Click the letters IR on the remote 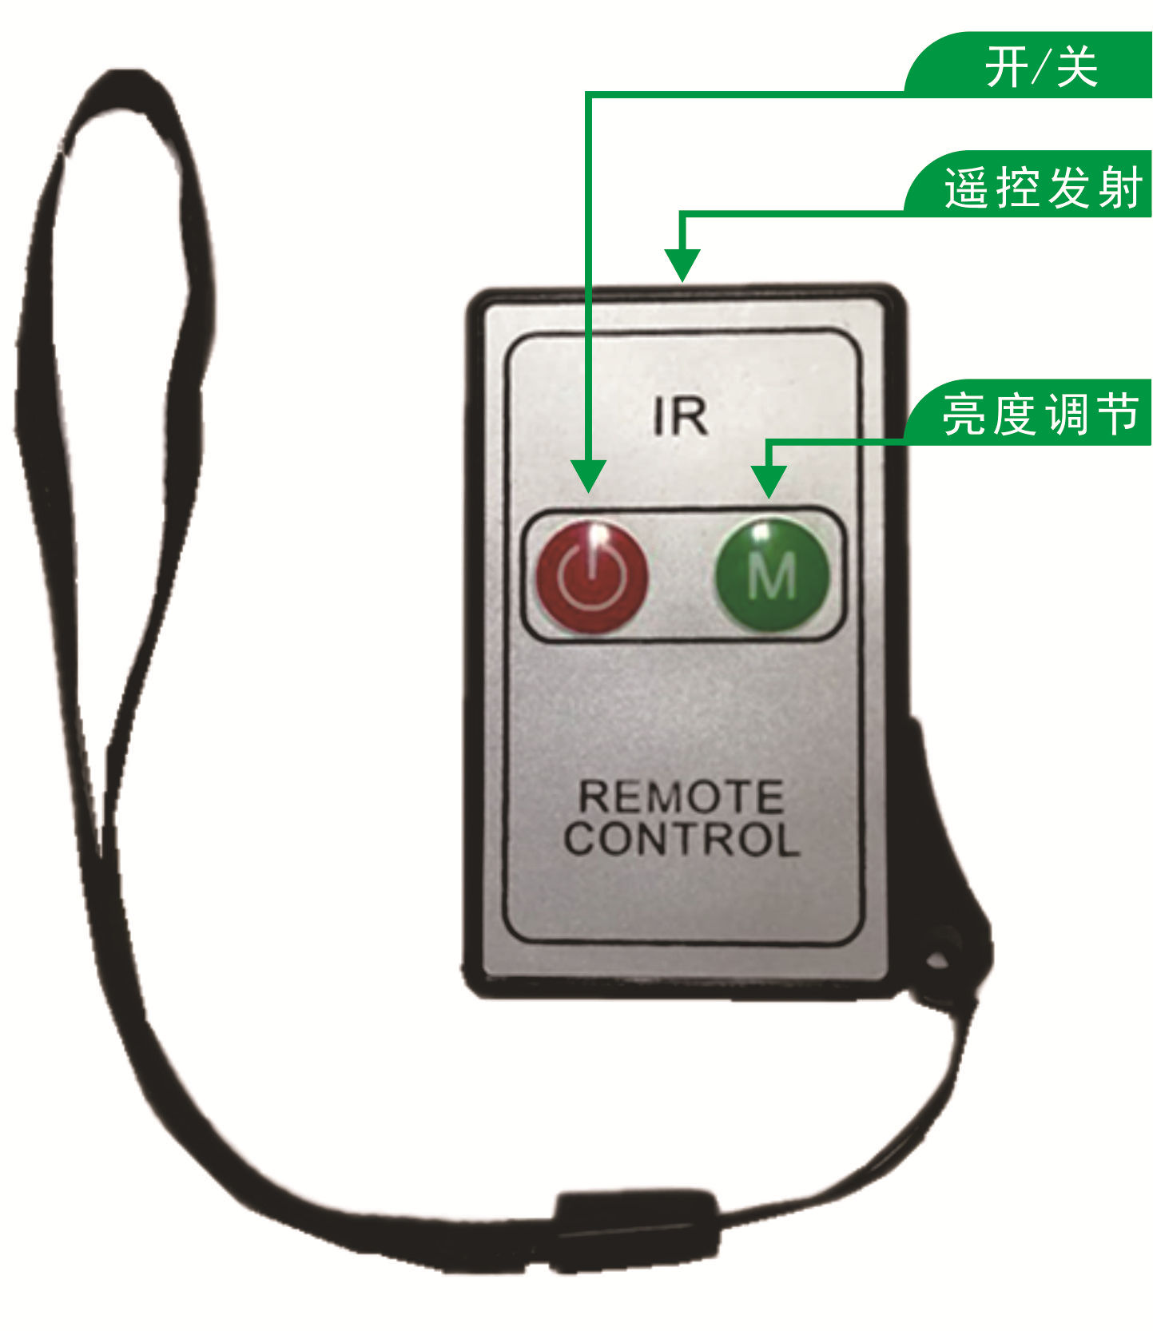tap(680, 416)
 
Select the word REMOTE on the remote tap(680, 797)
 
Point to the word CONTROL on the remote tap(681, 839)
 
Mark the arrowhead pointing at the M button tap(769, 482)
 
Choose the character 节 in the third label tap(1119, 414)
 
